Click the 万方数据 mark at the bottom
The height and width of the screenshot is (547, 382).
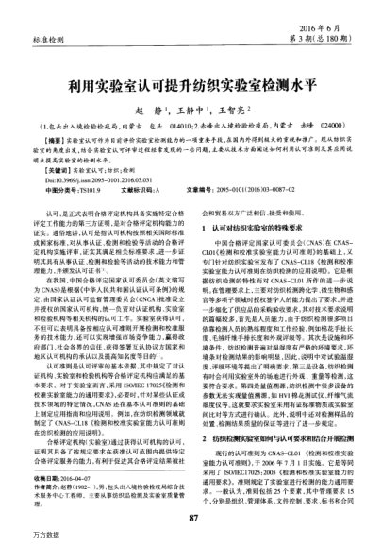tap(21, 536)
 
